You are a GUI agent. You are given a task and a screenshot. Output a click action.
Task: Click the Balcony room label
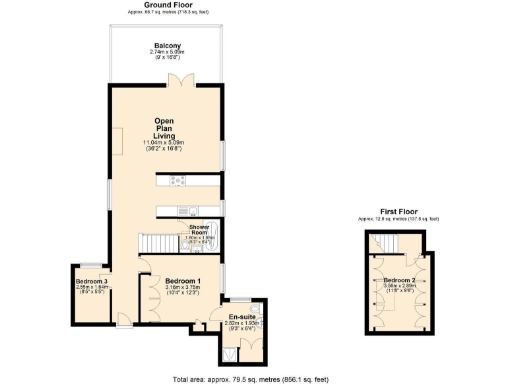167,46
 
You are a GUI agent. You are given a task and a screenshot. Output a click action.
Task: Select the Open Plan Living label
165,127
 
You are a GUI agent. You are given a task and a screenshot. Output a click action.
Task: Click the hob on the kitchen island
180,180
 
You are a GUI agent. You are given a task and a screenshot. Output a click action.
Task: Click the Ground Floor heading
167,5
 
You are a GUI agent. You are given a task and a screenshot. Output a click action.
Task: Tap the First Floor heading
400,211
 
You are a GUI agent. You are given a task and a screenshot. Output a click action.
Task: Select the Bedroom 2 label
400,279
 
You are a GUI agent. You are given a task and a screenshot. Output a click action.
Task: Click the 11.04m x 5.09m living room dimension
165,143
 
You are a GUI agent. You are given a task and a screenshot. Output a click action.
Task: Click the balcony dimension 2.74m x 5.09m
167,53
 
